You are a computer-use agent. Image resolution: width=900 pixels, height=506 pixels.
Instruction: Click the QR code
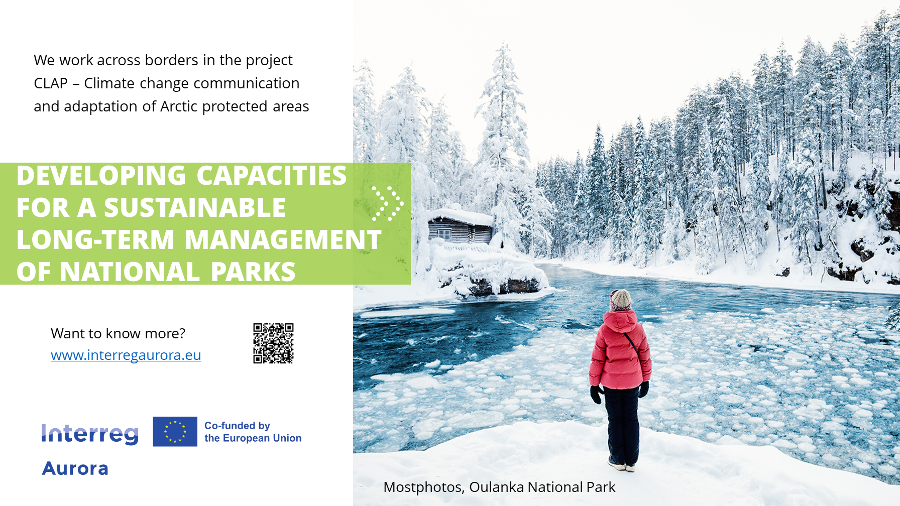click(x=273, y=343)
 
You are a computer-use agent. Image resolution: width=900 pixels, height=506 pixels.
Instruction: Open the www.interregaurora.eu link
click(x=126, y=355)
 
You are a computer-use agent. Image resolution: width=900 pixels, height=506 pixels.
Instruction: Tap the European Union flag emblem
click(x=175, y=431)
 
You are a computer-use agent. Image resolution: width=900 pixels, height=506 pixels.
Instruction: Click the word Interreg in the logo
click(x=90, y=434)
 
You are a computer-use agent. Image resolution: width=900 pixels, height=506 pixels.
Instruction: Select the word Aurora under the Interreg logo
click(x=75, y=468)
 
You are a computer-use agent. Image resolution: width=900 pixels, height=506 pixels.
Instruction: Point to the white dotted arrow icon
click(x=387, y=203)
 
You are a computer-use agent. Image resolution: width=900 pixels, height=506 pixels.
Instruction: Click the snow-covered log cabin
click(x=460, y=227)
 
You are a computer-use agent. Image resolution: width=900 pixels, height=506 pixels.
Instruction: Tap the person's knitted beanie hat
click(x=620, y=300)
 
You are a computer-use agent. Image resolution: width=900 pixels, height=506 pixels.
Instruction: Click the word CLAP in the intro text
click(x=51, y=83)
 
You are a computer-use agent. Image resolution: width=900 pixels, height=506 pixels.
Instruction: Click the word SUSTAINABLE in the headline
click(x=195, y=208)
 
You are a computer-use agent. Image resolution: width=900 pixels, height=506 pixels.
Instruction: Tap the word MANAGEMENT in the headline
click(x=283, y=240)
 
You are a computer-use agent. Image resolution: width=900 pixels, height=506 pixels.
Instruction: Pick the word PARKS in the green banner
click(x=253, y=272)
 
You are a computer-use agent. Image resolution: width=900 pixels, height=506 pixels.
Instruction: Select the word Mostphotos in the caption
click(x=424, y=487)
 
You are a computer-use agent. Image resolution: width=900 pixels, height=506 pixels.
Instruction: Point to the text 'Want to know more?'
click(x=118, y=333)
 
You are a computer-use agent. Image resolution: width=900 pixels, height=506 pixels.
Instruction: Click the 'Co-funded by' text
click(x=237, y=426)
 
